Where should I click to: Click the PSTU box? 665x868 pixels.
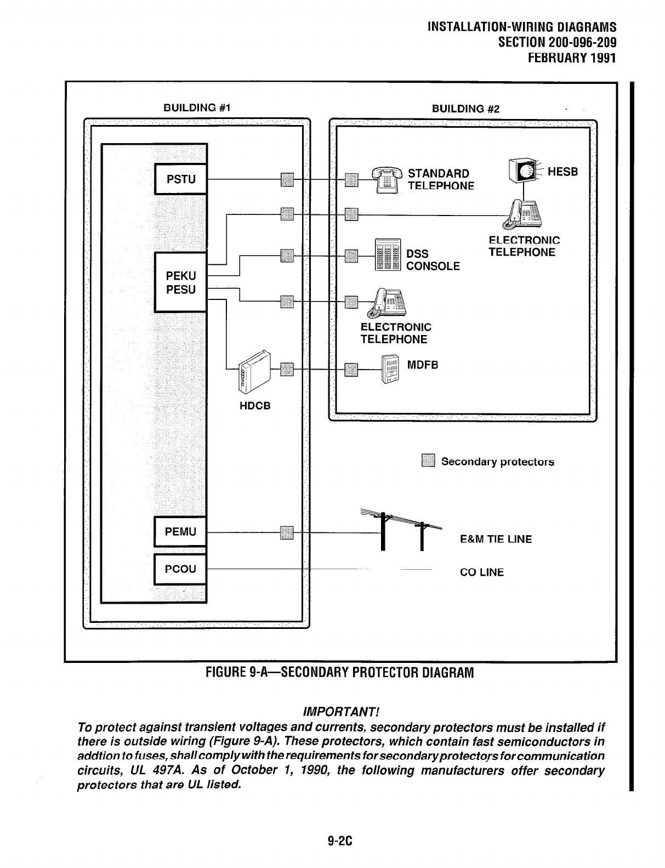pyautogui.click(x=181, y=179)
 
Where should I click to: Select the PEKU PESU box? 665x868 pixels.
pyautogui.click(x=181, y=282)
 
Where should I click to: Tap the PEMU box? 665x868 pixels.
pyautogui.click(x=181, y=532)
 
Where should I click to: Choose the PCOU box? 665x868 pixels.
pyautogui.click(x=181, y=569)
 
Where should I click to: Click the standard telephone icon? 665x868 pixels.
pyautogui.click(x=388, y=179)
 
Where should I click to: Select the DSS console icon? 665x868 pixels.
pyautogui.click(x=388, y=256)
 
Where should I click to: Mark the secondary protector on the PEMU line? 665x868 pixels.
pyautogui.click(x=287, y=532)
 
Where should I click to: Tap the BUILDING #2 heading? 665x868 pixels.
pyautogui.click(x=465, y=109)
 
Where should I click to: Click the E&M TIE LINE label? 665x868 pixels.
pyautogui.click(x=496, y=539)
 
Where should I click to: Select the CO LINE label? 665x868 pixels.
pyautogui.click(x=481, y=572)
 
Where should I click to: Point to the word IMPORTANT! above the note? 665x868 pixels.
pyautogui.click(x=341, y=712)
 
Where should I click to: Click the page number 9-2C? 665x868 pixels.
pyautogui.click(x=339, y=841)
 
